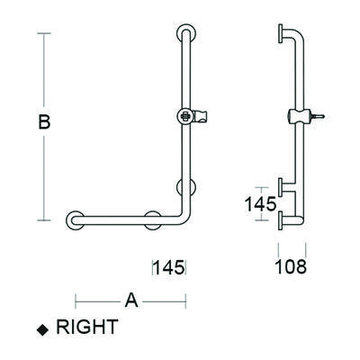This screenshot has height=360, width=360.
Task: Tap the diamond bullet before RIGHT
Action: [x=41, y=330]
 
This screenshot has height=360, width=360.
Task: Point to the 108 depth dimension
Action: [x=292, y=266]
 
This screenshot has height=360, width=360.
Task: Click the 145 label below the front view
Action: [x=169, y=266]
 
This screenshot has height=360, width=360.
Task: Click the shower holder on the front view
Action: [x=191, y=116]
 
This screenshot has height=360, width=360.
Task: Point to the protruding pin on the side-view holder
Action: [x=316, y=115]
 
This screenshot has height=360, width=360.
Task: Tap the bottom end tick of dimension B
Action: [x=42, y=219]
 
